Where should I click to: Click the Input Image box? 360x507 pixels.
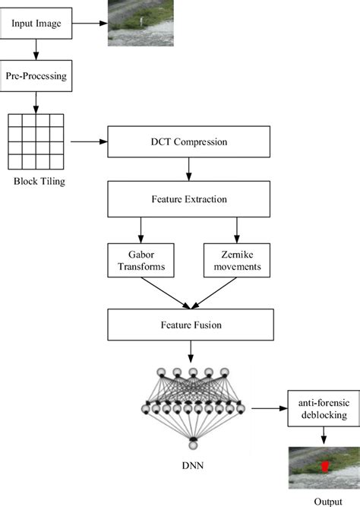click(x=36, y=23)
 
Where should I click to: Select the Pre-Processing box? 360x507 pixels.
click(x=36, y=77)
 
